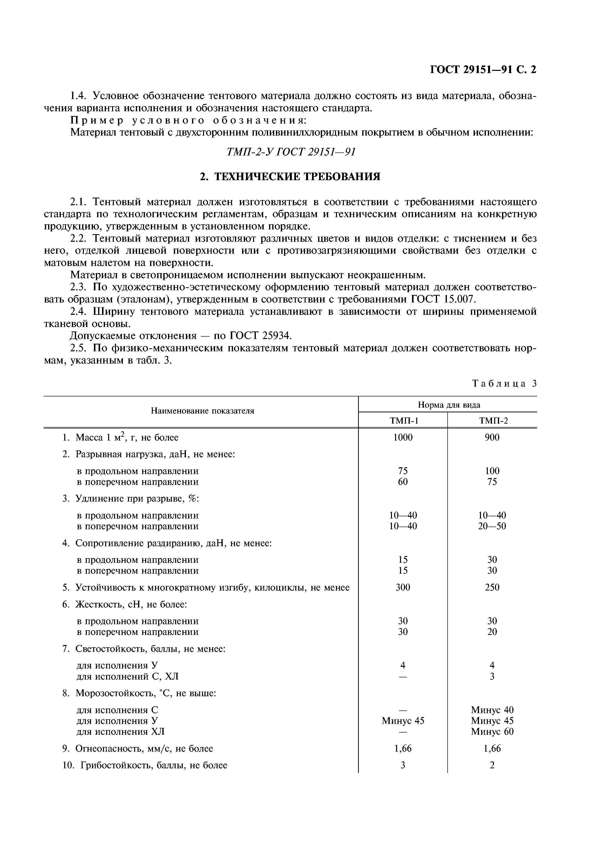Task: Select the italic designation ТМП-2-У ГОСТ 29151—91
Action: click(x=291, y=152)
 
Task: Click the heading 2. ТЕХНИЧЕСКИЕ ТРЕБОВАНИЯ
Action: click(x=290, y=177)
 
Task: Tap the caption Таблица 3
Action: click(x=504, y=383)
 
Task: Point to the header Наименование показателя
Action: click(x=202, y=411)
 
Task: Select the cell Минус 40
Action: click(x=492, y=710)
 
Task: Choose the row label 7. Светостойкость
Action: click(x=144, y=649)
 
